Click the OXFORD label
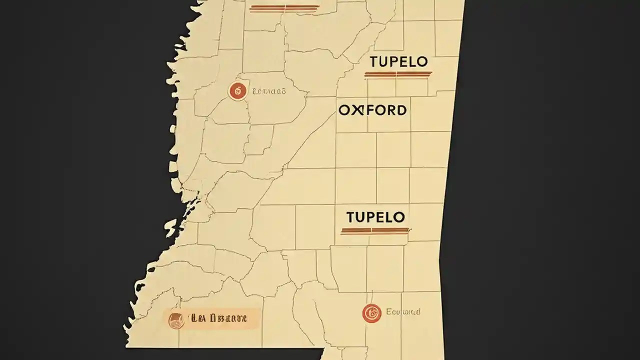coord(372,110)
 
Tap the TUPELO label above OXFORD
coord(398,62)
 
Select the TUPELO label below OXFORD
coord(375,217)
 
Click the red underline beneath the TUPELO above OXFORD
coord(398,74)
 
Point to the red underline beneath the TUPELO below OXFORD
coord(375,230)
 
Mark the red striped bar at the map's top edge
coord(284,8)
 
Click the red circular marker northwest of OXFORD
coord(238,91)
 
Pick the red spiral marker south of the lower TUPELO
coord(371,313)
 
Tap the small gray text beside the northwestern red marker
coord(269,91)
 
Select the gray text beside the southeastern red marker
coord(403,312)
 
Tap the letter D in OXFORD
coord(400,110)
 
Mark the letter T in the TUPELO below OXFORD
coord(350,217)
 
